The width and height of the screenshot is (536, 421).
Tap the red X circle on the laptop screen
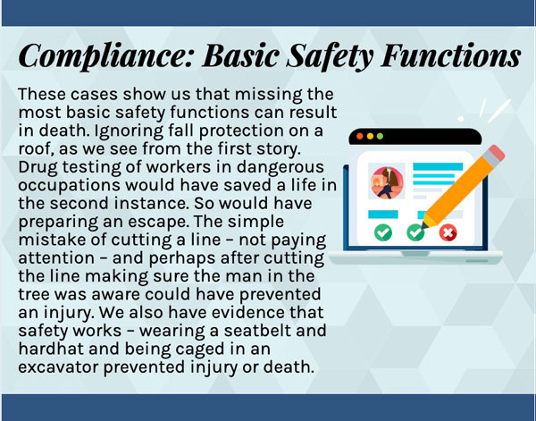click(x=448, y=232)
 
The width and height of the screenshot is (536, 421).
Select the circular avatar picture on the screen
click(x=386, y=181)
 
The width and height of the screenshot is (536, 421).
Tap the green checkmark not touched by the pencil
click(x=383, y=232)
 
